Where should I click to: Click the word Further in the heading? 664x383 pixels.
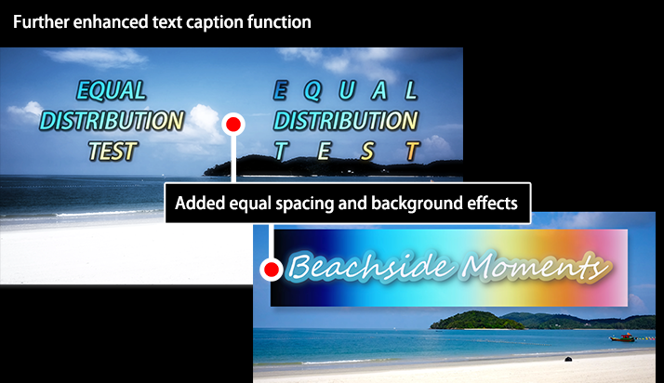[41, 22]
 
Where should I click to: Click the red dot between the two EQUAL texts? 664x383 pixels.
[233, 125]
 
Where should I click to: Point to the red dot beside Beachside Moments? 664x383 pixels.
[271, 270]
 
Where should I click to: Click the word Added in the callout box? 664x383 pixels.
[199, 204]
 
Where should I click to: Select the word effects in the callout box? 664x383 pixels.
[492, 204]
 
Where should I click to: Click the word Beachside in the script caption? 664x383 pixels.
[371, 267]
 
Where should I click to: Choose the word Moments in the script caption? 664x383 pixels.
[537, 267]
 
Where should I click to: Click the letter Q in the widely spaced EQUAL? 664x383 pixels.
[312, 91]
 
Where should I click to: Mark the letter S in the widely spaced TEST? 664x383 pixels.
[367, 152]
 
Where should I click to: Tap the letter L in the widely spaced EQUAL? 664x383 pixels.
[411, 90]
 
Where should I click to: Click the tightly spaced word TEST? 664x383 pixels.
[113, 152]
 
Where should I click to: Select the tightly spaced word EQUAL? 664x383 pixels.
[112, 90]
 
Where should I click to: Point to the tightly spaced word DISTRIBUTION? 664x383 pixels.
[112, 121]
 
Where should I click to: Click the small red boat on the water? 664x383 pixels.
[622, 337]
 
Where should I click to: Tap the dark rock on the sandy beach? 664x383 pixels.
[568, 360]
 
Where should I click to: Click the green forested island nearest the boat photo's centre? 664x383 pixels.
[476, 321]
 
